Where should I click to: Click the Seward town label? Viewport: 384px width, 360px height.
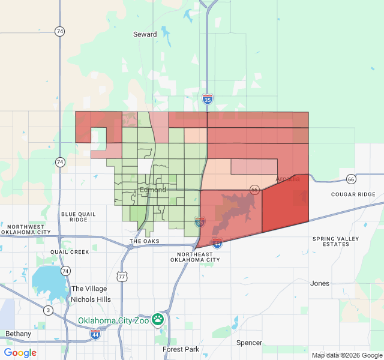point(145,34)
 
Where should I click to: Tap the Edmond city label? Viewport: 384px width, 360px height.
point(152,190)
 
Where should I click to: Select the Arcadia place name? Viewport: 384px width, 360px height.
point(287,179)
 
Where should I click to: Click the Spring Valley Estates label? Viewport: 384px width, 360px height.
point(335,242)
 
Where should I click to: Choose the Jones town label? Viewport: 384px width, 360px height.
point(320,283)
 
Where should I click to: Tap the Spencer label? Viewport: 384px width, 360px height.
point(249,343)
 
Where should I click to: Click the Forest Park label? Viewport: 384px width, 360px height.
point(180,349)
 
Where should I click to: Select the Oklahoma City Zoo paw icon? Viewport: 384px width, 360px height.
point(158,319)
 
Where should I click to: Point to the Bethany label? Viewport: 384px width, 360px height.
point(18,334)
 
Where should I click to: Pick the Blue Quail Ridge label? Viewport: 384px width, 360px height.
point(78,217)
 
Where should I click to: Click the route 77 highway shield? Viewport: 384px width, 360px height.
point(122,277)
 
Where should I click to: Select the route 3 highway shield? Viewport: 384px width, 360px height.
point(48,310)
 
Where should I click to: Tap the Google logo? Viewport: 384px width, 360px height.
point(20,353)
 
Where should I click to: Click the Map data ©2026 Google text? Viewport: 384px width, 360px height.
point(346,355)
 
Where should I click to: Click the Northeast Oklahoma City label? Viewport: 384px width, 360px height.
point(191,257)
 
